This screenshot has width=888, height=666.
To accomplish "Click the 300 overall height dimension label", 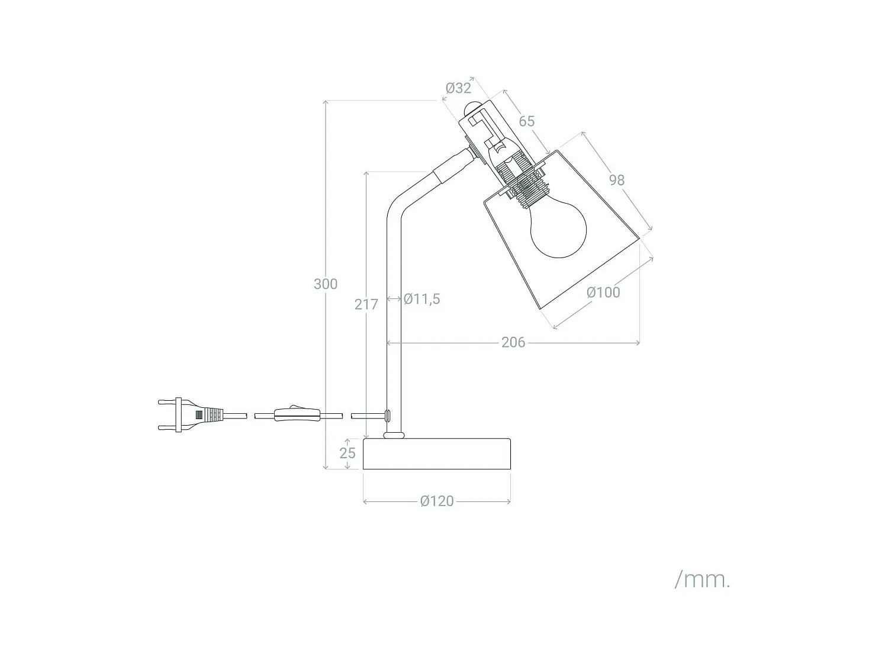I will click(326, 284).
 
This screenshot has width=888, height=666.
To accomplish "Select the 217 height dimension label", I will click(366, 304).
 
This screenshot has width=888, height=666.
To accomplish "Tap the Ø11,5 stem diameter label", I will click(422, 299).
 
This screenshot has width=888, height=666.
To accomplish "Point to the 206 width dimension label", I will click(513, 342).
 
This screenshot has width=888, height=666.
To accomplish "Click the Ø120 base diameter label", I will click(437, 501).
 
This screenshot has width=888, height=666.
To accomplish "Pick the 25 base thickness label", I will click(348, 453).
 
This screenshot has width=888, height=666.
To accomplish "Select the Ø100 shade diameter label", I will click(603, 292).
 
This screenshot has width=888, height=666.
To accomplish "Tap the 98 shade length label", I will click(616, 180).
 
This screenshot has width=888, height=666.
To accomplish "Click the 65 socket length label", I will click(526, 121).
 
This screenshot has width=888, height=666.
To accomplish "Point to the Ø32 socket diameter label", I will click(458, 88).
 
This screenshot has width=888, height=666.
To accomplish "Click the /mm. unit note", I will click(702, 580).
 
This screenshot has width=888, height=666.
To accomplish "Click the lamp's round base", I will click(437, 454).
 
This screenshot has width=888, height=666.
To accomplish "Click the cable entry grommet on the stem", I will click(388, 415).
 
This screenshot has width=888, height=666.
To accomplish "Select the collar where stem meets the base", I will click(394, 436).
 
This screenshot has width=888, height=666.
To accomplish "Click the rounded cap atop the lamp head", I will click(471, 108).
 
